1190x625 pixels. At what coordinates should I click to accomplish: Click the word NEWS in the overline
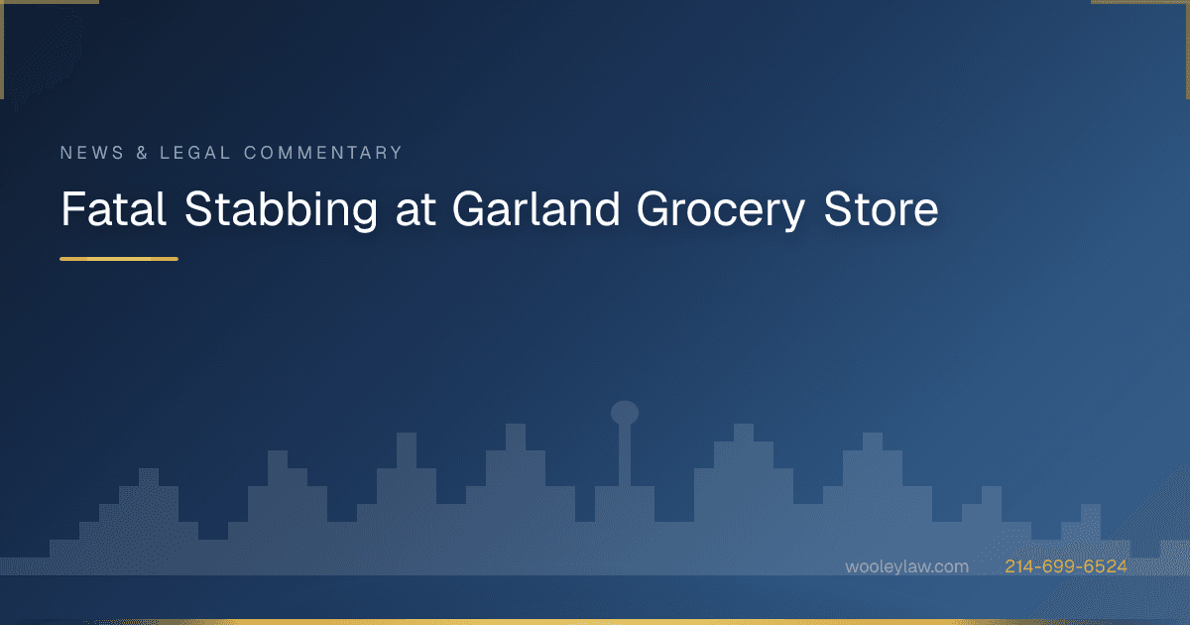[x=90, y=153]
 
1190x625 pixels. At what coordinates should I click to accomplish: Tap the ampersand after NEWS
[x=140, y=153]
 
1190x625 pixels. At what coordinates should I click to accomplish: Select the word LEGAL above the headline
[x=195, y=153]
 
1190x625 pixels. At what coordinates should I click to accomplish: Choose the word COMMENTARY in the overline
[x=323, y=153]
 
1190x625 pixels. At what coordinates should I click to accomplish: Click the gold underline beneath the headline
[x=119, y=259]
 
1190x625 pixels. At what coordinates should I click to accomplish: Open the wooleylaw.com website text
[x=906, y=566]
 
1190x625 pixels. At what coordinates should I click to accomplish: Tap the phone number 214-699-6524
[x=1066, y=566]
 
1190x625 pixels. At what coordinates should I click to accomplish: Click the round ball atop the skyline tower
[x=625, y=412]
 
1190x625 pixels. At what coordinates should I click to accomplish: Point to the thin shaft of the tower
[x=625, y=456]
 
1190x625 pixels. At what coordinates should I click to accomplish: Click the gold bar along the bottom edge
[x=595, y=621]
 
